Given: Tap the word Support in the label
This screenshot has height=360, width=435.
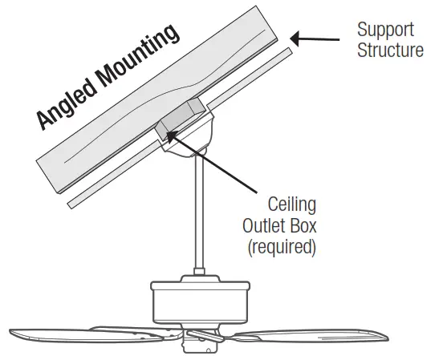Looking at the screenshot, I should click(385, 30).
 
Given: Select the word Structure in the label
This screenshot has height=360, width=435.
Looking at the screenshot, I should click(391, 51).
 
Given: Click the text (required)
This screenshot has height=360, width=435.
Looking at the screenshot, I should click(282, 246).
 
